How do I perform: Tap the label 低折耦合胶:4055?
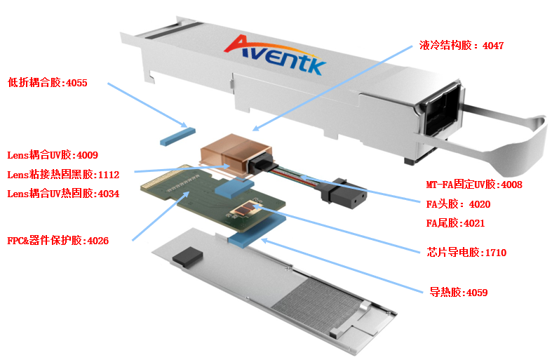pos(48,83)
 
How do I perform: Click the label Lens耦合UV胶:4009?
pos(53,155)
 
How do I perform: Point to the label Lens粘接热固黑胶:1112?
pos(63,174)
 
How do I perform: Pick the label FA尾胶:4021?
pos(455,224)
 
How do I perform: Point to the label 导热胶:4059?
pos(458,292)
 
